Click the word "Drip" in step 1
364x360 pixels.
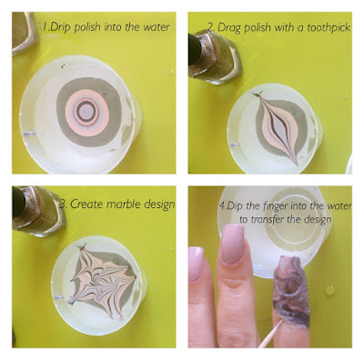tap(60, 27)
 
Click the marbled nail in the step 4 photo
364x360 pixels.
tap(291, 288)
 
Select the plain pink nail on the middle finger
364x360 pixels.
tap(233, 244)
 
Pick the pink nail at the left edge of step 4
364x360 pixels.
tap(196, 263)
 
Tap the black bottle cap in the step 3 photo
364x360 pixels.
tap(18, 202)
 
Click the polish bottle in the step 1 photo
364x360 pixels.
tap(25, 33)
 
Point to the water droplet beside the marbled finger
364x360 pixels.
tap(329, 291)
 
